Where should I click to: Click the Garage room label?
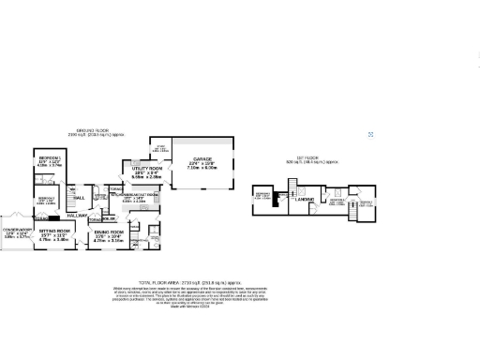point(207,162)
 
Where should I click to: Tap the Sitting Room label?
point(55,231)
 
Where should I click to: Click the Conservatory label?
point(17,231)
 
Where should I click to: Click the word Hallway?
point(77,216)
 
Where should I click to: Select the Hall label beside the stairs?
point(79,198)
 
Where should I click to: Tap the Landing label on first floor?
point(303,200)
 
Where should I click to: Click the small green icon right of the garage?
point(371,135)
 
